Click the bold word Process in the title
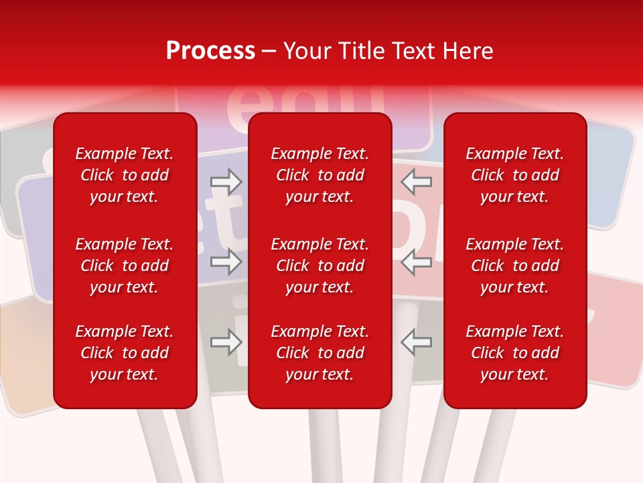[x=210, y=51]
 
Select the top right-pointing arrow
[x=226, y=181]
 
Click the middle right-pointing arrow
[x=226, y=262]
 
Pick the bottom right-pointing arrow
[x=226, y=343]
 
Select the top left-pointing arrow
[x=416, y=181]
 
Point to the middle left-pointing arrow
[x=416, y=262]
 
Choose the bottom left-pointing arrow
[x=416, y=343]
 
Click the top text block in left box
[x=125, y=175]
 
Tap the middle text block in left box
[x=125, y=266]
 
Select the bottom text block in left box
[x=125, y=353]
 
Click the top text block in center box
[x=319, y=175]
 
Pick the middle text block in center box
[x=319, y=266]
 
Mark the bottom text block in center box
[x=319, y=353]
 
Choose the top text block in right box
[x=514, y=175]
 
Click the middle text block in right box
[x=514, y=266]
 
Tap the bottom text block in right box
[x=514, y=353]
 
